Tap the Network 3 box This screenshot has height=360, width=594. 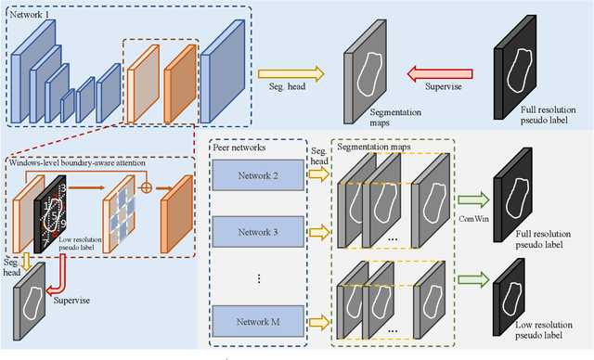(256, 228)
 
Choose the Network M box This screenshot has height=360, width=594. (256, 321)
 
